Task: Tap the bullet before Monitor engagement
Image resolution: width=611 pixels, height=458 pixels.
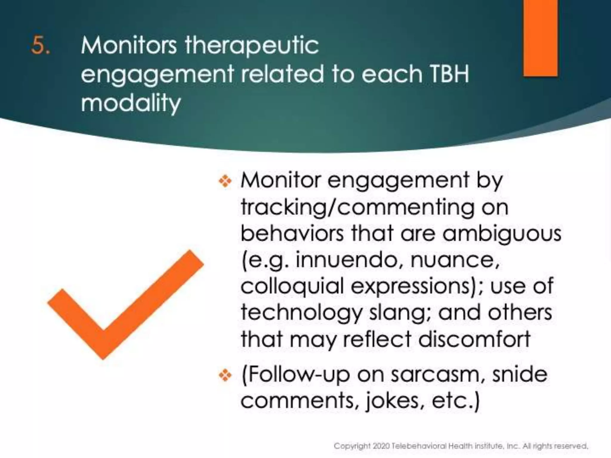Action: tap(225, 181)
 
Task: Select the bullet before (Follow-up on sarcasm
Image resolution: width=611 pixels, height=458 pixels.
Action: tap(225, 375)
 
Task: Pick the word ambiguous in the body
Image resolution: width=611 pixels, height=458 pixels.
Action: tap(502, 233)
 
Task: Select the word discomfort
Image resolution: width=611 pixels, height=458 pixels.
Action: tap(474, 339)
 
